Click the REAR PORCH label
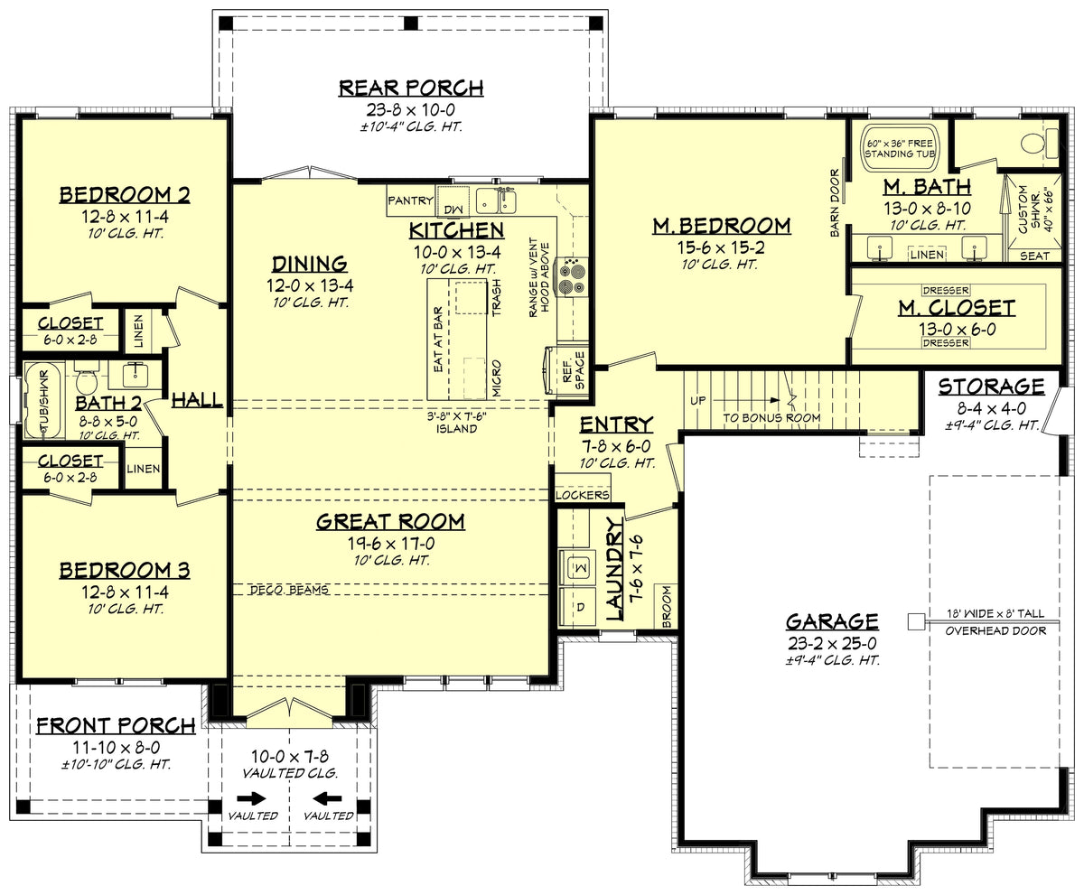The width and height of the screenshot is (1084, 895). (x=411, y=88)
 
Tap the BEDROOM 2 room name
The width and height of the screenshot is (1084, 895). (x=125, y=195)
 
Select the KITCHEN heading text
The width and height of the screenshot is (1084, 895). (x=456, y=229)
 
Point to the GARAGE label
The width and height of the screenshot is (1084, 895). (x=831, y=621)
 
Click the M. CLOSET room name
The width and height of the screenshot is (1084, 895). (x=956, y=308)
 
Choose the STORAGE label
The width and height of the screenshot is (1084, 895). (x=991, y=387)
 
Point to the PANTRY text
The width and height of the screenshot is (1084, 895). (x=411, y=200)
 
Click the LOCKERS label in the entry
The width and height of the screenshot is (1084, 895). (x=583, y=495)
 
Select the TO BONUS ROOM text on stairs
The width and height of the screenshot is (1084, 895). (x=771, y=417)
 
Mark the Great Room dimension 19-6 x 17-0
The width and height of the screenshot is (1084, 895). (x=390, y=543)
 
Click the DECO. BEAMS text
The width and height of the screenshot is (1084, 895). (x=288, y=590)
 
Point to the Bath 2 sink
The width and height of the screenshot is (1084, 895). (x=136, y=372)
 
